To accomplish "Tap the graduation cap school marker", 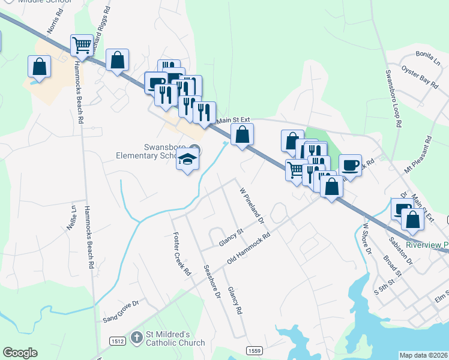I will pyautogui.click(x=187, y=160).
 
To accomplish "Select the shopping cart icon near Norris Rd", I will pyautogui.click(x=82, y=44).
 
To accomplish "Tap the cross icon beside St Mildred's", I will pyautogui.click(x=136, y=338).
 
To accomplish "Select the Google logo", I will pyautogui.click(x=20, y=353).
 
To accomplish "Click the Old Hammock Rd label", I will pyautogui.click(x=249, y=248).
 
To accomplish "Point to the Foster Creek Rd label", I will pyautogui.click(x=181, y=253).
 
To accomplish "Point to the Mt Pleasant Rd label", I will pyautogui.click(x=418, y=155).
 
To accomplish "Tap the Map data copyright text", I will pyautogui.click(x=424, y=355).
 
